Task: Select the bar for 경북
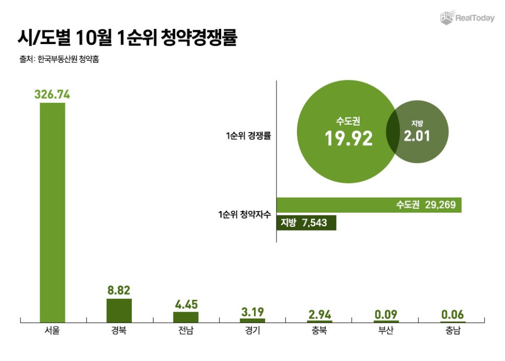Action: point(119,310)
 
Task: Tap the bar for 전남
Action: point(186,316)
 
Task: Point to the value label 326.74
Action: point(52,94)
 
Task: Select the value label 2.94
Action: point(319,314)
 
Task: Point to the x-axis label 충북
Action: point(319,331)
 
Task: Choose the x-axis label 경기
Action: point(252,331)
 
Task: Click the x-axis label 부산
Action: point(386,331)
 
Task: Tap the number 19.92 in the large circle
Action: point(348,138)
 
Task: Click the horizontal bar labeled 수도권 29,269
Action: point(369,205)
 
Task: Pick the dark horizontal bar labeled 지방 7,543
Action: point(306,223)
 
